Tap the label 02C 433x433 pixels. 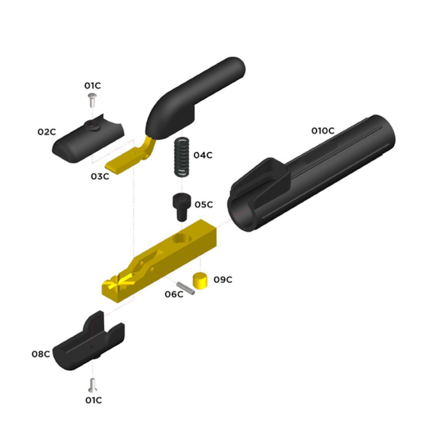click(x=47, y=132)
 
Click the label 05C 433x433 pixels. click(x=204, y=204)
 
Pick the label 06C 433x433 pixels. click(x=174, y=294)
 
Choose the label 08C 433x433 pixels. click(x=40, y=354)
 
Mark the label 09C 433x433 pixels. click(x=222, y=279)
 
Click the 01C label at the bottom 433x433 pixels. click(x=94, y=400)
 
